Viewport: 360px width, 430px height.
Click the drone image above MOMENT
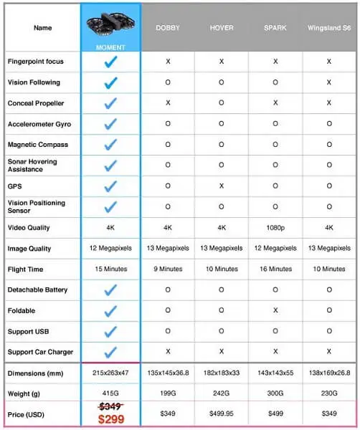pyautogui.click(x=110, y=24)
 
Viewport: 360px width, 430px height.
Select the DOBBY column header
pyautogui.click(x=167, y=28)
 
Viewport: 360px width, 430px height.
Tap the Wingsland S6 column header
pyautogui.click(x=328, y=28)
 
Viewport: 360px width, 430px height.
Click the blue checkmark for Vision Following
pyautogui.click(x=110, y=83)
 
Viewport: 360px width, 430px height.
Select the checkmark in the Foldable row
pyautogui.click(x=110, y=311)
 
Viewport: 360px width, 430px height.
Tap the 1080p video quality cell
pyautogui.click(x=275, y=228)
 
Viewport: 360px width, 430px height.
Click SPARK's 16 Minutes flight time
pyautogui.click(x=275, y=269)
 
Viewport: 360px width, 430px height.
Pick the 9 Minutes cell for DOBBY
pyautogui.click(x=167, y=269)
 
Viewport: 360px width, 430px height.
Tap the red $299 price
pyautogui.click(x=110, y=419)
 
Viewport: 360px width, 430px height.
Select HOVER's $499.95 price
pyautogui.click(x=221, y=414)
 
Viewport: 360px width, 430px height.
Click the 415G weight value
pyautogui.click(x=110, y=393)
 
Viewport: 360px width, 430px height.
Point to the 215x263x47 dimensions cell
pyautogui.click(x=110, y=373)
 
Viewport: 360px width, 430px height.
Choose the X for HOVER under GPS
pyautogui.click(x=221, y=186)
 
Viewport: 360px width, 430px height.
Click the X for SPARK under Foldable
pyautogui.click(x=275, y=311)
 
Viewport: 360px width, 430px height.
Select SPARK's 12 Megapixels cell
pyautogui.click(x=275, y=249)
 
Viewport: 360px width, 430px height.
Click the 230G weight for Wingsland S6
pyautogui.click(x=328, y=393)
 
